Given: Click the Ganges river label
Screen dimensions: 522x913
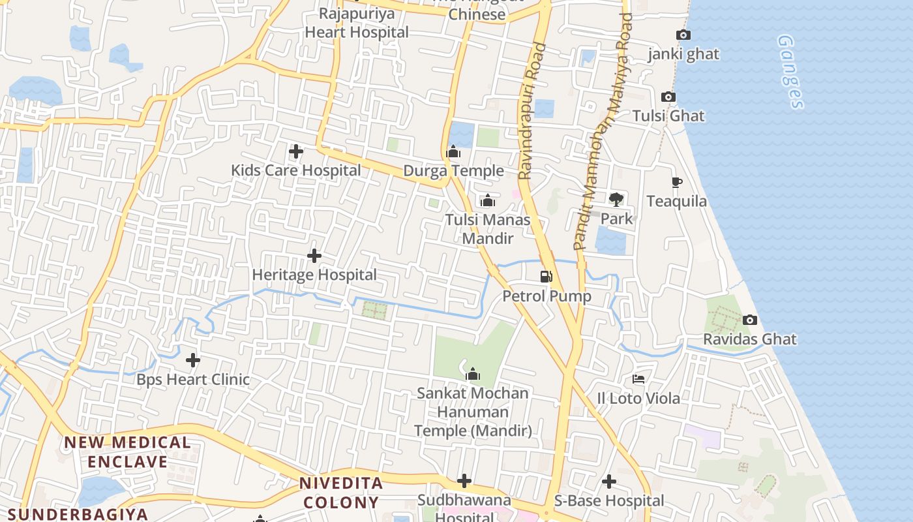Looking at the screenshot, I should [x=790, y=72].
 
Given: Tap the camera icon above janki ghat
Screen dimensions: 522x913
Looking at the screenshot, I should [x=683, y=35].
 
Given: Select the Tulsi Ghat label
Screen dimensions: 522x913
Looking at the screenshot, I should [x=668, y=116].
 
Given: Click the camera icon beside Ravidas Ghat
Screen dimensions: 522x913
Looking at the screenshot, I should [x=750, y=320].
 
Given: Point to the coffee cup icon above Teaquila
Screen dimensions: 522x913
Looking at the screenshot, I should [x=676, y=183].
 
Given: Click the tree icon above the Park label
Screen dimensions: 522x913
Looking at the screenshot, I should [x=616, y=199].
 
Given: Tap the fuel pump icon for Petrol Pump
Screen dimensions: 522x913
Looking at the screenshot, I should [x=546, y=277].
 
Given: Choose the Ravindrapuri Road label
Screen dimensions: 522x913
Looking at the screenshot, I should [x=531, y=111].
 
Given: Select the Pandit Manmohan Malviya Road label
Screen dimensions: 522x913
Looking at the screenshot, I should [x=603, y=130].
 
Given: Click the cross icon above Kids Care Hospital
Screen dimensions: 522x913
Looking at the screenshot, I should [x=295, y=152].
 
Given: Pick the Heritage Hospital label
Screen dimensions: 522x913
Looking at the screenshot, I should [x=314, y=275].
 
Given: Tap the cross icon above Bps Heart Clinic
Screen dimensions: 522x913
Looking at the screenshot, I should [x=193, y=360].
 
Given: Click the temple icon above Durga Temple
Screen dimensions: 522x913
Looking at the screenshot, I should [x=453, y=152].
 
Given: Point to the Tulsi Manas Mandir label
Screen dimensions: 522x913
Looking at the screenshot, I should [x=487, y=229].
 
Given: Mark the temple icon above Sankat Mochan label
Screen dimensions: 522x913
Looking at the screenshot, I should [x=473, y=375].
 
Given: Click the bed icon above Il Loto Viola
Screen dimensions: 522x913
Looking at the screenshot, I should [x=638, y=379].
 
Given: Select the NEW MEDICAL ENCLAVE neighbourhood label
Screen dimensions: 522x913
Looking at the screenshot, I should [x=128, y=452].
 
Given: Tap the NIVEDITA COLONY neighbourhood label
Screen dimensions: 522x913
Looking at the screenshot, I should [x=340, y=493].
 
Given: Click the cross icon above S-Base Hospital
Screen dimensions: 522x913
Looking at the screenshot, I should [x=608, y=482].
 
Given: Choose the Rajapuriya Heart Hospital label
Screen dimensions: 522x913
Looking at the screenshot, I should [x=357, y=23].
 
